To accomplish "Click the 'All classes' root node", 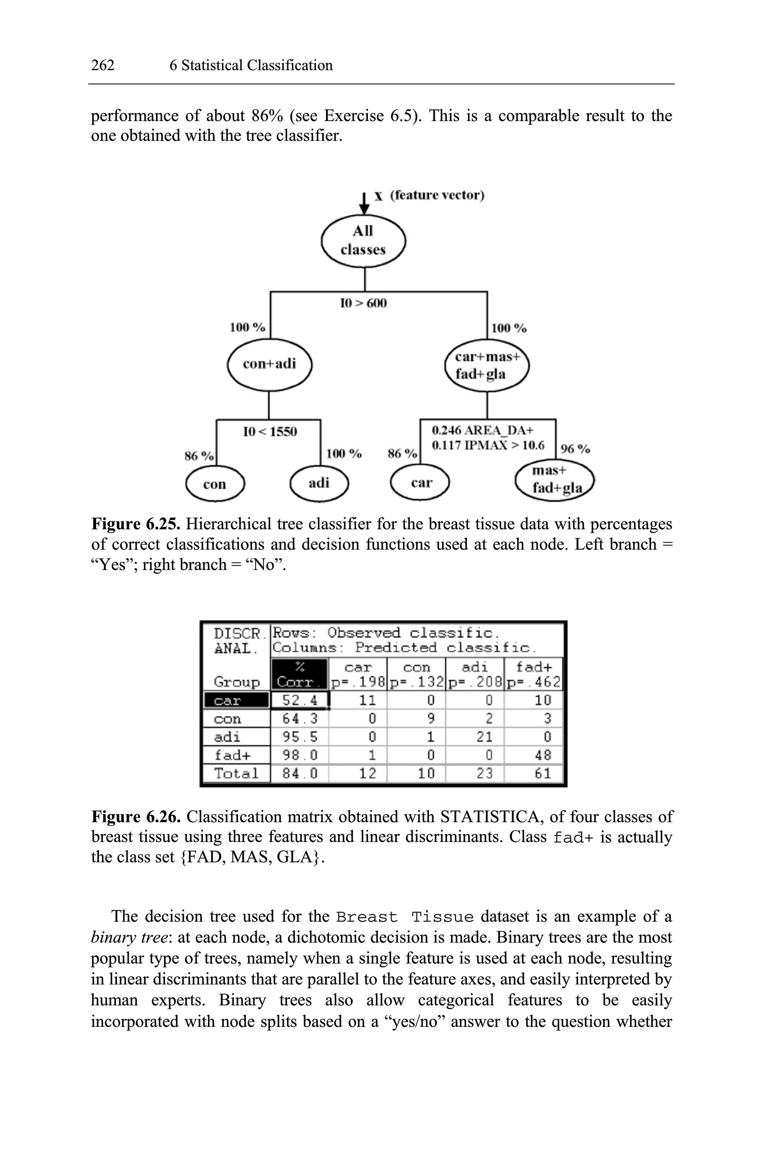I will [x=363, y=241].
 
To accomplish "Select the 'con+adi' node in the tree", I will [x=269, y=364].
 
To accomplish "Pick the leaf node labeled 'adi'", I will [x=319, y=483].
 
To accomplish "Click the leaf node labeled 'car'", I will [x=420, y=483].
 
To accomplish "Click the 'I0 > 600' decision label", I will [x=363, y=304].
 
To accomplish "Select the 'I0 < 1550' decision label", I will [x=270, y=432].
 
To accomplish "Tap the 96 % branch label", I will [x=575, y=449].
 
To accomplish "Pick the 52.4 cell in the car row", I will [x=300, y=701].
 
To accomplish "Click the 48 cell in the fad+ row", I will [x=543, y=755].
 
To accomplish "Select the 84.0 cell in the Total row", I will [x=300, y=773].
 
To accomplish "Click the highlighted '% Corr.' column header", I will [x=300, y=674].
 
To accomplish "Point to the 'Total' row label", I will [x=236, y=773].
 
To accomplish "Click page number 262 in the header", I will [x=103, y=66].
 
